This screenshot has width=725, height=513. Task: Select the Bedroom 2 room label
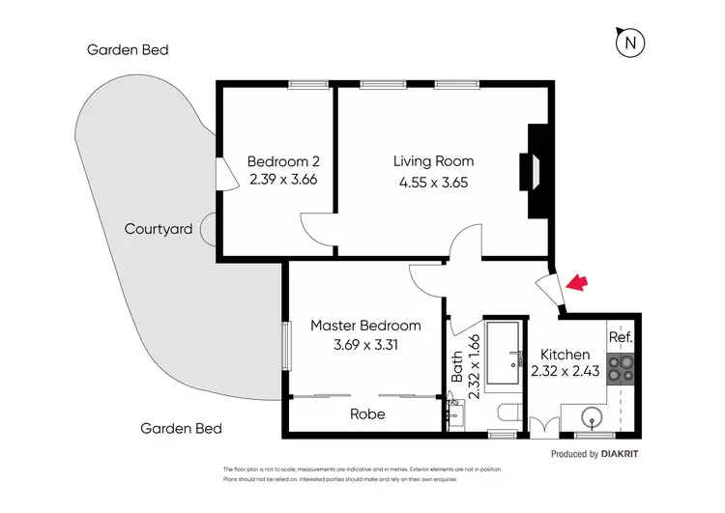click(x=282, y=161)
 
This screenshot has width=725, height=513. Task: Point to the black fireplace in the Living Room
click(x=533, y=171)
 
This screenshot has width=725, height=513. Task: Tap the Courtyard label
click(x=158, y=230)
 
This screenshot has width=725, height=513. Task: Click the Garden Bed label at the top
click(x=128, y=49)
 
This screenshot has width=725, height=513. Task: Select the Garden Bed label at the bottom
click(x=181, y=429)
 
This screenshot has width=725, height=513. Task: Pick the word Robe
click(x=367, y=414)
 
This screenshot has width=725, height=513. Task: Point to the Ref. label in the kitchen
click(x=619, y=338)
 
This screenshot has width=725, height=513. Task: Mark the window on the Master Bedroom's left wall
click(x=286, y=345)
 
